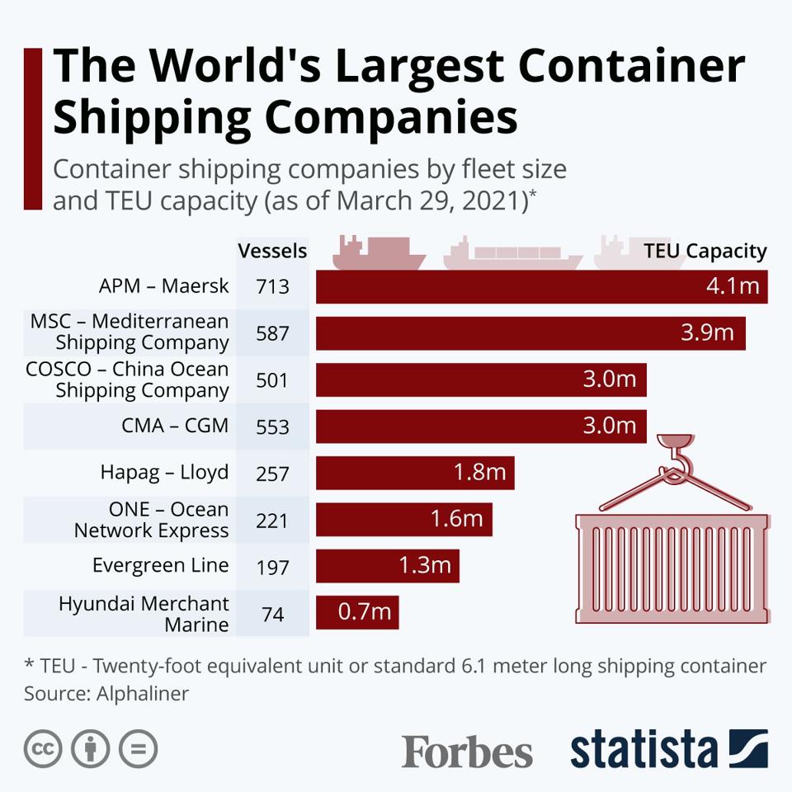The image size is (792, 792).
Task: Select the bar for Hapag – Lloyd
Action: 415,473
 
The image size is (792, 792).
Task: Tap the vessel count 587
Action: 272,332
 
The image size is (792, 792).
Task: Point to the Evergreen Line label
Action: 160,566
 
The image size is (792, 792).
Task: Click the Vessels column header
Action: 272,251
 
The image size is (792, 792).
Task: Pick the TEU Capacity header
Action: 705,251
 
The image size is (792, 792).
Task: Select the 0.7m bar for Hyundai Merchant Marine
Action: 357,613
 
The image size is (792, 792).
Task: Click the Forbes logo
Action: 467,752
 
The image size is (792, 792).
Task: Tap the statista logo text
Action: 643,749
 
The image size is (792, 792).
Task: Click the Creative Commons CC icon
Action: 44,749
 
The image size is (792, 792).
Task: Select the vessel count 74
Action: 272,613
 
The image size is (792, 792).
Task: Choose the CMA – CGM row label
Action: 176,426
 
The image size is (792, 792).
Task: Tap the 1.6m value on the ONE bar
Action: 455,519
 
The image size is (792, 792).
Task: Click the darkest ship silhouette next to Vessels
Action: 379,252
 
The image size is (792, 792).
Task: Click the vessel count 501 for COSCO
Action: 272,379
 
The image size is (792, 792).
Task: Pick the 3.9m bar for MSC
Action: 530,333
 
